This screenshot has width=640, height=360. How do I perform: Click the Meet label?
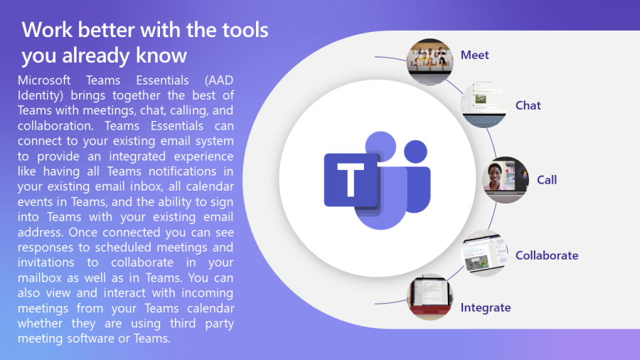(x=474, y=55)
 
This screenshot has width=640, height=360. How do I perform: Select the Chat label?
(x=528, y=105)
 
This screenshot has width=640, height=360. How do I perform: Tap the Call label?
(x=547, y=180)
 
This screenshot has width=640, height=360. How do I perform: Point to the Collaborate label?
(x=547, y=255)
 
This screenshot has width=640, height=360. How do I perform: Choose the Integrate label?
(x=485, y=308)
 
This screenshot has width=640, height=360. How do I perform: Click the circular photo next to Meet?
(x=430, y=62)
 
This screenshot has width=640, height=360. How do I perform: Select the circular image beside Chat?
(x=484, y=105)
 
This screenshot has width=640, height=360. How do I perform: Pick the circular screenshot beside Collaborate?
(x=484, y=253)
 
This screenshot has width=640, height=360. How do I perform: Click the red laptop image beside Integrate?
(x=430, y=297)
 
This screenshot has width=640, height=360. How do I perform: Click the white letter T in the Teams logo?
(x=351, y=179)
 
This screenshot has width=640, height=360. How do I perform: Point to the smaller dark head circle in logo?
(x=415, y=152)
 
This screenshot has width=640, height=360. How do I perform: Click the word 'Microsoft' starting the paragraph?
(x=44, y=80)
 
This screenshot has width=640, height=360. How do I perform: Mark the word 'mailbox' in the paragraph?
(x=40, y=278)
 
